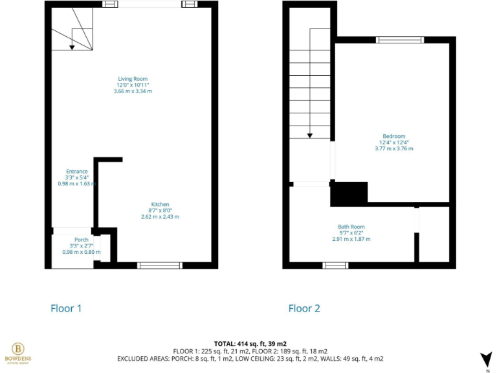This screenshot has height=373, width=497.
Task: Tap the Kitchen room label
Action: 160,204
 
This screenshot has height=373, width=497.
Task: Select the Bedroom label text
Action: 393,136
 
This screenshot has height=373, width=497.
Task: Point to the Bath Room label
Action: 351,227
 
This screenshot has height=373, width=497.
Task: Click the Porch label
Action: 81,240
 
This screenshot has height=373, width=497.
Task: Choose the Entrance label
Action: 76,172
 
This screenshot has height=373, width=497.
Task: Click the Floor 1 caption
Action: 66,309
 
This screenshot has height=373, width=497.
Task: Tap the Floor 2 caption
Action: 304,309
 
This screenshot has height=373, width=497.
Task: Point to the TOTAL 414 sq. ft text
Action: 250,343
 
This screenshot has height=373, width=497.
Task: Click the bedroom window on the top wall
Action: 400,40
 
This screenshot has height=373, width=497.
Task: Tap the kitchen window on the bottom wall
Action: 160,265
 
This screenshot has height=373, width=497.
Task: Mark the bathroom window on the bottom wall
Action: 335,265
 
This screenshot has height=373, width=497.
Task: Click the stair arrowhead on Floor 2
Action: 310,135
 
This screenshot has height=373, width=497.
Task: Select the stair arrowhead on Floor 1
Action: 72,47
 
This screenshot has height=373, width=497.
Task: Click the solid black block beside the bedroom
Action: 349,194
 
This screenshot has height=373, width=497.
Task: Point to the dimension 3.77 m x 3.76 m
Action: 393,149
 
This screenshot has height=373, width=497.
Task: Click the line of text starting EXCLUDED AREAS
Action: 250,359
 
